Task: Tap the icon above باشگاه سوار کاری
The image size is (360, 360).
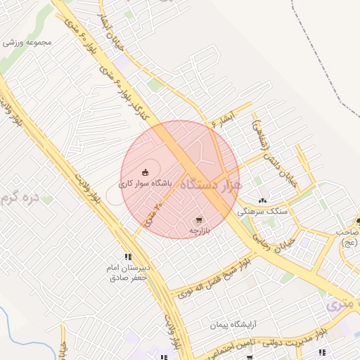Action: [x=146, y=172]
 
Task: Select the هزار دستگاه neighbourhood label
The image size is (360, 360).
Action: [x=210, y=186]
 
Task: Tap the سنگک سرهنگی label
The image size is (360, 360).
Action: [x=262, y=211]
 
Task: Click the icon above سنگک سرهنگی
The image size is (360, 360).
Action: [x=263, y=200]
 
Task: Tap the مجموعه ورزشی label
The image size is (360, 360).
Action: [x=28, y=41]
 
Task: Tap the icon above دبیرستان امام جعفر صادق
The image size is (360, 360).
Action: [x=127, y=257]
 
